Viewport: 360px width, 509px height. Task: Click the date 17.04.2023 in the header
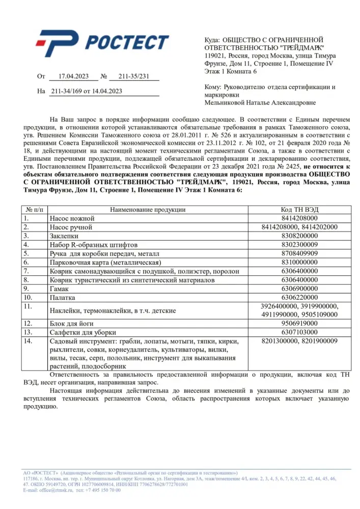74,77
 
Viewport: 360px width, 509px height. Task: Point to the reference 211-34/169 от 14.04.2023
87,92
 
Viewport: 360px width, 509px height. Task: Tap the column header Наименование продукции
148,210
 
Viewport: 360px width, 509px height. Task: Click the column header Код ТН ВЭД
299,210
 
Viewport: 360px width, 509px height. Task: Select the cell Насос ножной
72,218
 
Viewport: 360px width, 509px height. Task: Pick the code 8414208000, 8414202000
299,227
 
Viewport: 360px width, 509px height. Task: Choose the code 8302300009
299,244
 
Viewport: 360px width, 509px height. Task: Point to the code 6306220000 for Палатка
299,297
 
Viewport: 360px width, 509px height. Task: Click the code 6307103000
299,332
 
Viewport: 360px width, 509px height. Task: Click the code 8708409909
299,253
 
